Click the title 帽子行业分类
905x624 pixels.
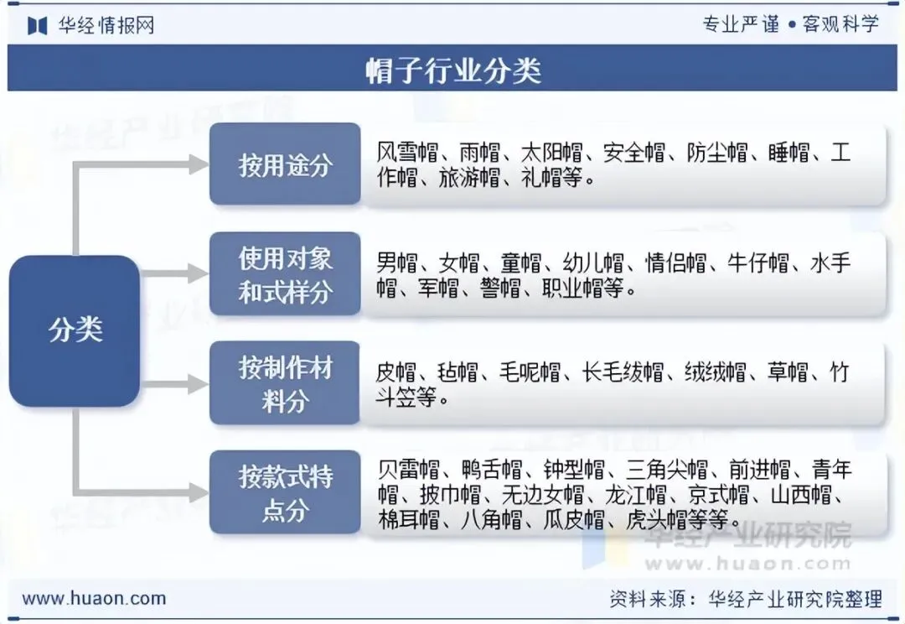453,70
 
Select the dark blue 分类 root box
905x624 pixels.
75,330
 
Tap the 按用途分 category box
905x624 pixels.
285,164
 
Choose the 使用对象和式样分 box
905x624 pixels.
285,274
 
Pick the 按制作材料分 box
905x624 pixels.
285,383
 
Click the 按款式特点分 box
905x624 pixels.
285,492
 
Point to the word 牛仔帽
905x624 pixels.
758,263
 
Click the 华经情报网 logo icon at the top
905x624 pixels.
37,25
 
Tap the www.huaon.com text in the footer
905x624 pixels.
94,599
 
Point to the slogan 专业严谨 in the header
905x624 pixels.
741,24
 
